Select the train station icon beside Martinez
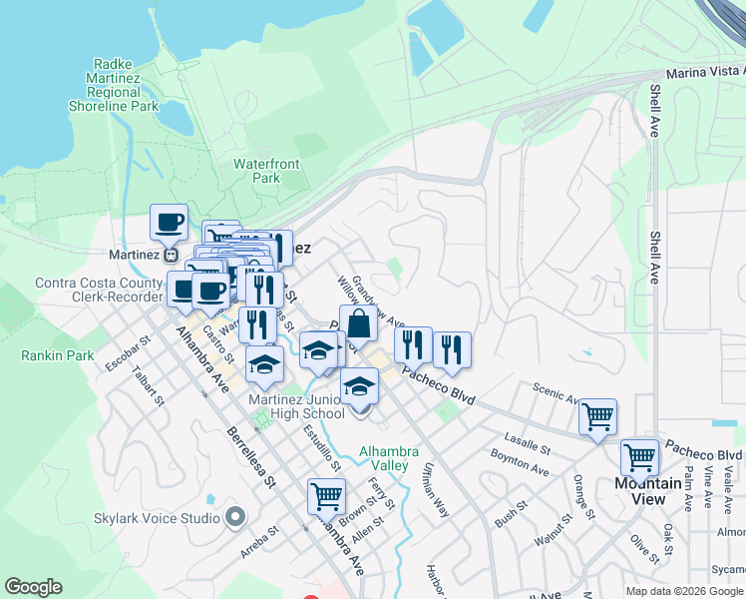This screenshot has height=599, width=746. point(173,255)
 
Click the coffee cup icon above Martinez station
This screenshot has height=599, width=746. point(169,222)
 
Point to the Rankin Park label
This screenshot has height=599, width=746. point(57,354)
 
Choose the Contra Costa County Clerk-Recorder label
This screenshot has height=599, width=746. point(98,290)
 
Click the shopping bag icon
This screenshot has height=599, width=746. point(358,323)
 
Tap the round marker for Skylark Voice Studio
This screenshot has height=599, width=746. point(235,517)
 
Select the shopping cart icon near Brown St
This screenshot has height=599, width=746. point(326,495)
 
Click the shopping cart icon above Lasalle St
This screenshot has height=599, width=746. point(597,416)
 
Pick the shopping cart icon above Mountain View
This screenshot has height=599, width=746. point(639,457)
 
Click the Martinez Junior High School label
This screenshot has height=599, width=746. point(296,406)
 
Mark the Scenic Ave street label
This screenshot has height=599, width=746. point(555,391)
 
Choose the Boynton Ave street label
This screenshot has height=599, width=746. point(519,461)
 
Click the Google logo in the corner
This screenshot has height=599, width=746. point(33,587)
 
